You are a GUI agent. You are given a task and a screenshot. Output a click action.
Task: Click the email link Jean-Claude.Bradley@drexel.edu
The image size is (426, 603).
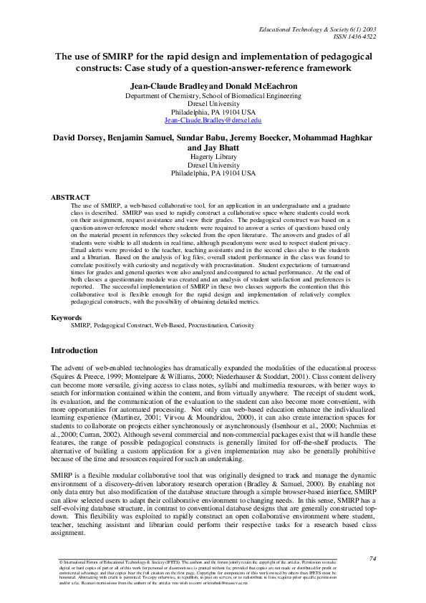[213, 121]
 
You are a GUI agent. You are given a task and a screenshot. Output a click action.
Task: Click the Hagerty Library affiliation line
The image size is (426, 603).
[213, 155]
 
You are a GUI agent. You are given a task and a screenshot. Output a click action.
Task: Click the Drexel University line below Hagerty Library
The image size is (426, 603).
[213, 164]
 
